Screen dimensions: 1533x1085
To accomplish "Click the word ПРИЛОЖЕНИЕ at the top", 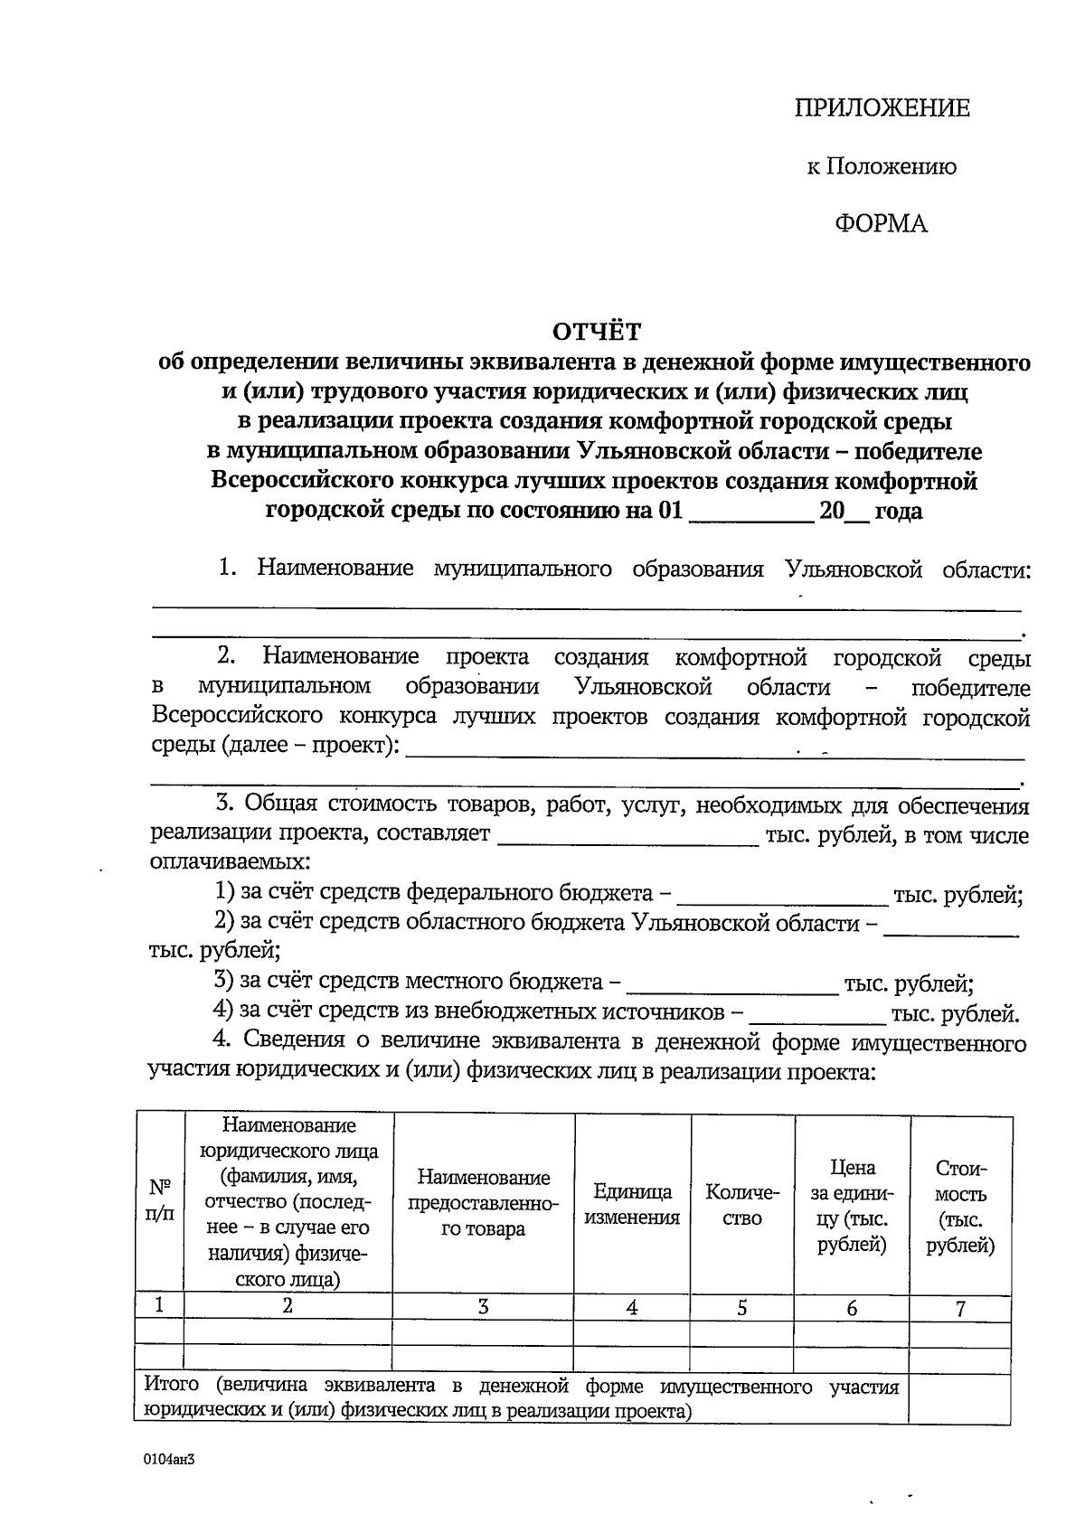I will point(882,109).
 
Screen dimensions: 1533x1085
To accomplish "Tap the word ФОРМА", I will point(881,224).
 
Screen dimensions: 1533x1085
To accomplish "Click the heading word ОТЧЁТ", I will point(597,333).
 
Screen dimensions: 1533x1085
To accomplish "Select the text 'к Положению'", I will point(882,167).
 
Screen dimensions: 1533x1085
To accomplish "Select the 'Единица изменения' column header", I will point(632,1204).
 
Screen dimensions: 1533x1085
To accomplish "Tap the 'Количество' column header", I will point(742,1204).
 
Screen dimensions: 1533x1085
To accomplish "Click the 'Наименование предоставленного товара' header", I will point(483,1203).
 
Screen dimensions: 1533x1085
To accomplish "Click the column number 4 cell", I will point(632,1307).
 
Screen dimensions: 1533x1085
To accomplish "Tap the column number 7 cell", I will point(960,1308).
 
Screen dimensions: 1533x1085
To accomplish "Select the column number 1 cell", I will point(159,1304).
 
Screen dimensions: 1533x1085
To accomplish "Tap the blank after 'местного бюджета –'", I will point(732,983).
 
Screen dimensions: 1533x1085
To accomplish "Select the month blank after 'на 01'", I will point(750,513).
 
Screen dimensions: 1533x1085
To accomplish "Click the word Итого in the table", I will point(172,1387).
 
